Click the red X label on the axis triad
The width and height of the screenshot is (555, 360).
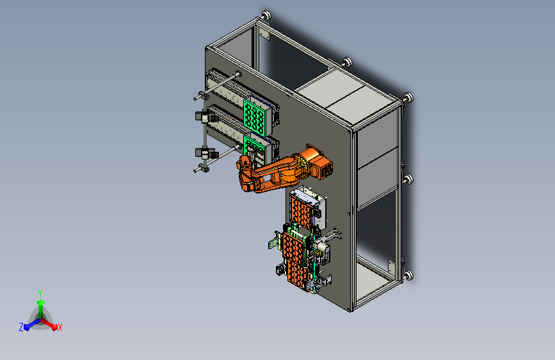tap(60, 327)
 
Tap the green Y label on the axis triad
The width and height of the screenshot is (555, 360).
tap(40, 293)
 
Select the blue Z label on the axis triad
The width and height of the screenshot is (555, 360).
tap(21, 327)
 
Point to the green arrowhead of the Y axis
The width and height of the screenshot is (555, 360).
tap(41, 302)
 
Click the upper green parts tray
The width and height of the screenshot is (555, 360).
tap(253, 117)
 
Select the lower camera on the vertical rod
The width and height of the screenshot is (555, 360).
tap(206, 154)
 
